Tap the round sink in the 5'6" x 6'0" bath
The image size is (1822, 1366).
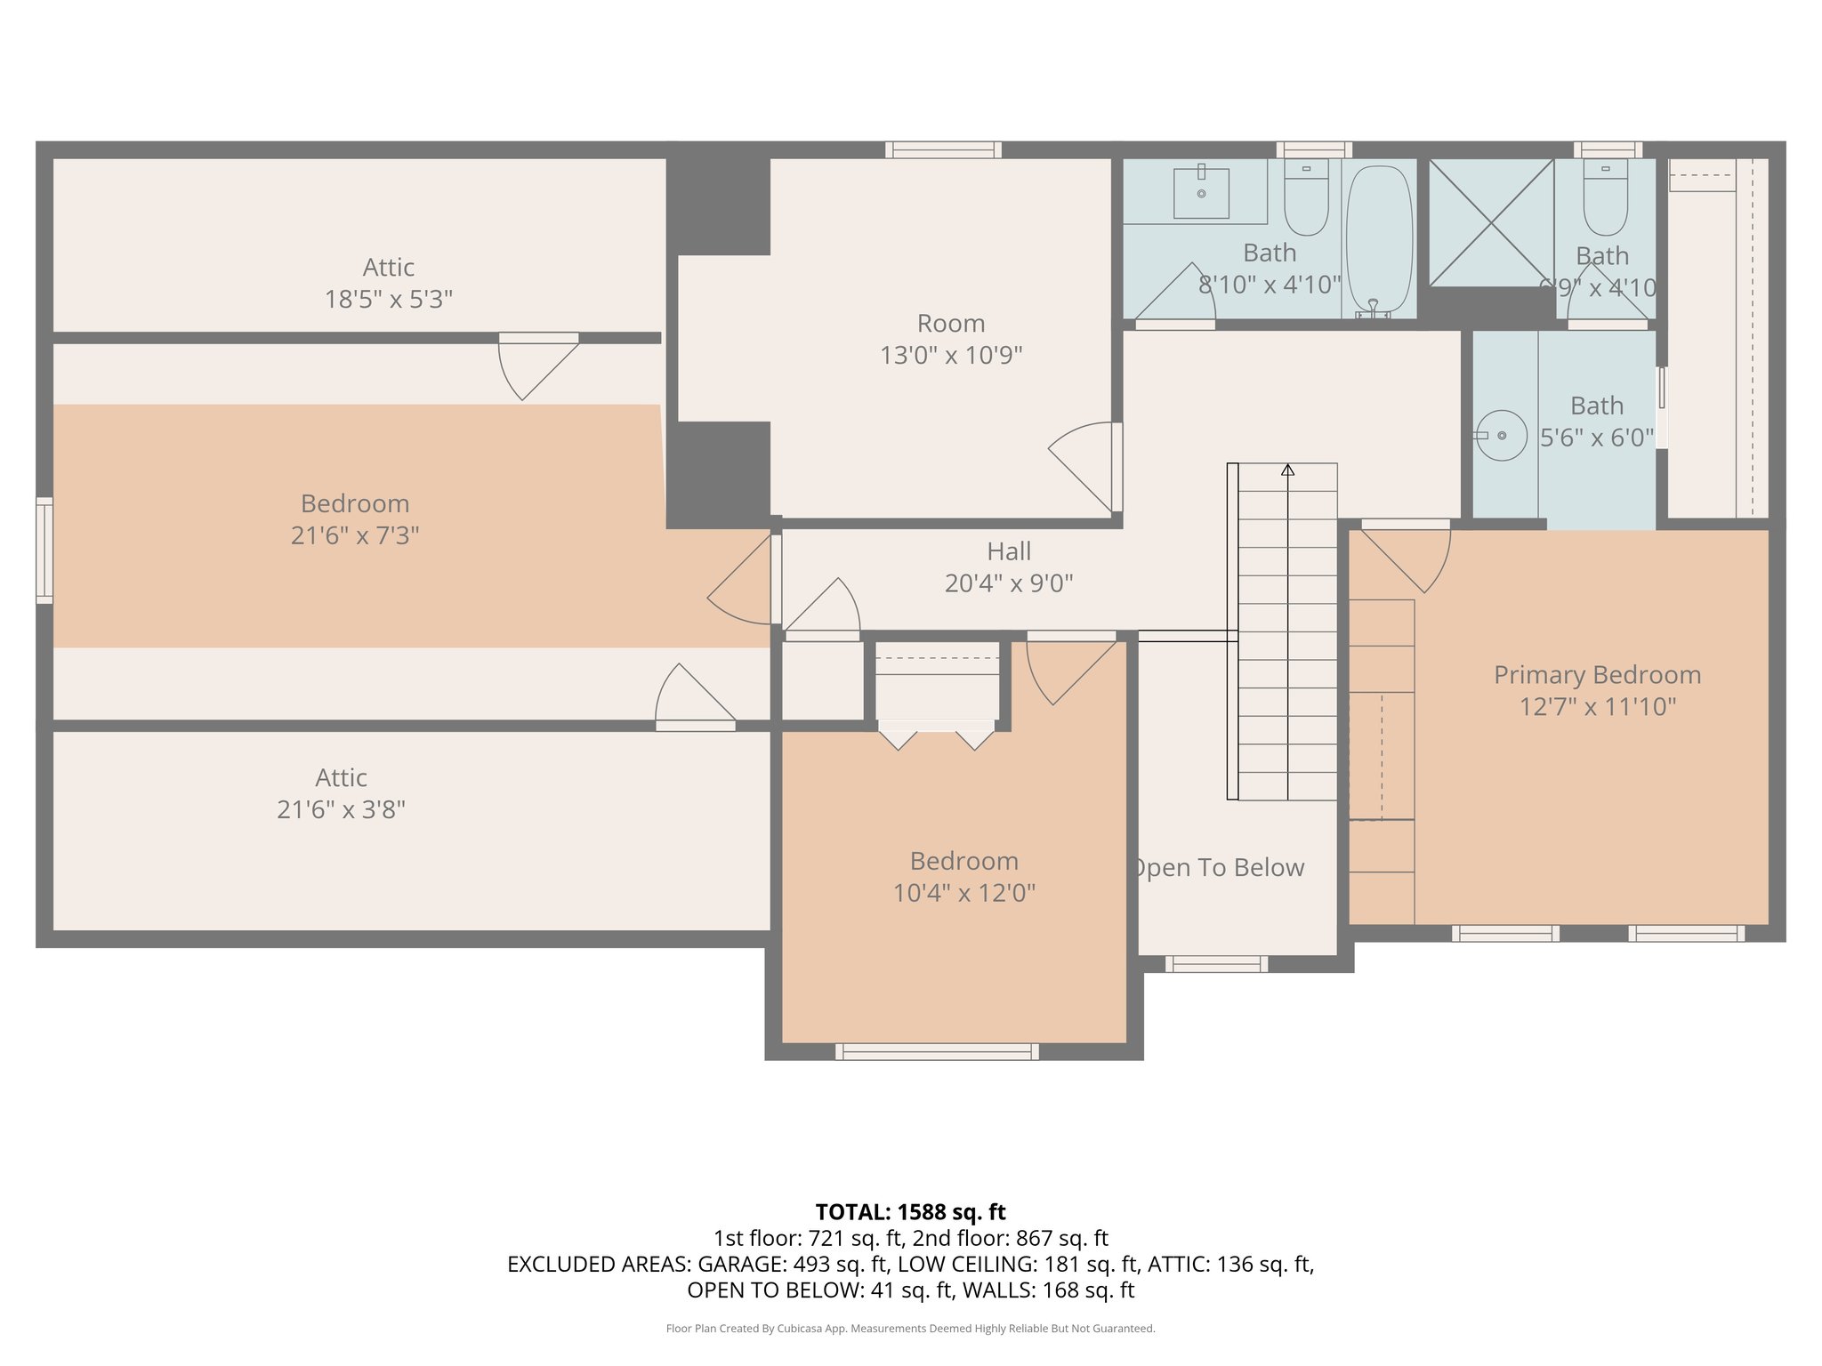tap(1502, 435)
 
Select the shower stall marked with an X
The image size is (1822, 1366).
tap(1491, 222)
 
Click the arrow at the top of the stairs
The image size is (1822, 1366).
tap(1287, 470)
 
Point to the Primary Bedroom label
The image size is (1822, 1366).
tap(1597, 675)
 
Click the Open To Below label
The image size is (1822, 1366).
tap(1219, 867)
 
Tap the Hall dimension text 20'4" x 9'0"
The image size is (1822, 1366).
tap(1009, 583)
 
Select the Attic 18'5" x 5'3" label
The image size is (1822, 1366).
tap(389, 283)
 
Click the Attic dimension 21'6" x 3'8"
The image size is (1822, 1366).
tap(341, 809)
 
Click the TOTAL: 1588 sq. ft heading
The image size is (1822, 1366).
tap(910, 1212)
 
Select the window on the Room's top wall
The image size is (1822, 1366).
tap(943, 149)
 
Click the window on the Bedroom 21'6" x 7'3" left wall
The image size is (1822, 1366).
tap(44, 550)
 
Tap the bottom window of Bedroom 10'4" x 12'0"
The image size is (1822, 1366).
tap(937, 1051)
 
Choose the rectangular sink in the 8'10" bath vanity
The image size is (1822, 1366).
tap(1201, 192)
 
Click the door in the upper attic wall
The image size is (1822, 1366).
tap(538, 365)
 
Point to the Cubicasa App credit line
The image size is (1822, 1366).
tap(910, 1329)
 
